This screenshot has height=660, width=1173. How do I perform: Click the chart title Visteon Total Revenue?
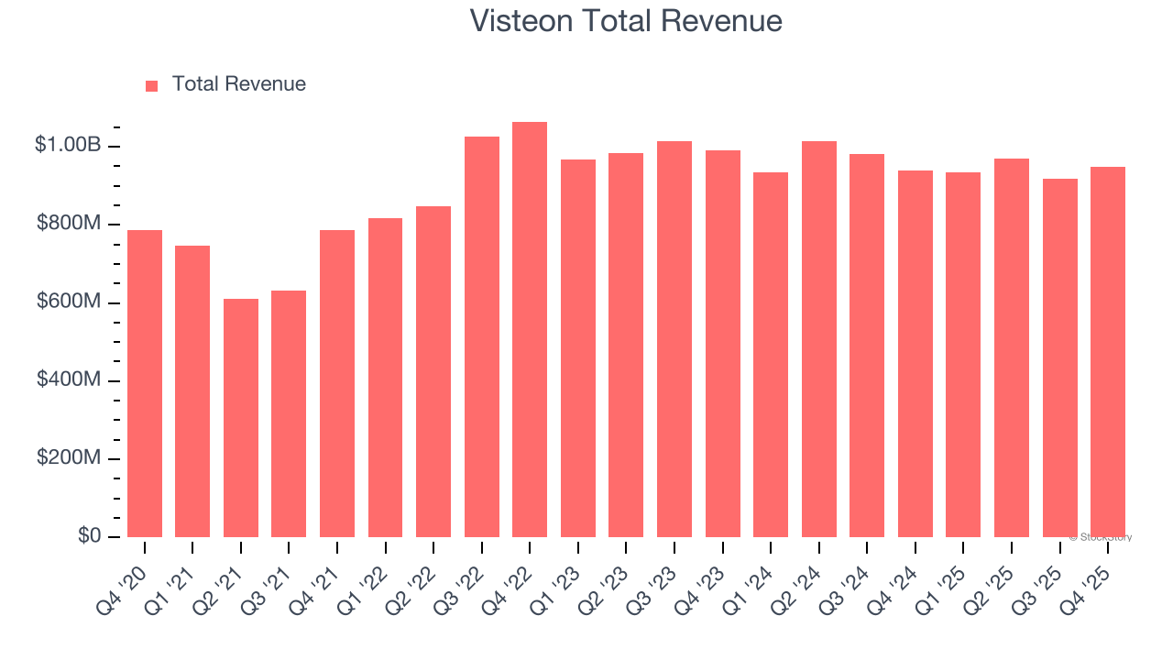pyautogui.click(x=626, y=21)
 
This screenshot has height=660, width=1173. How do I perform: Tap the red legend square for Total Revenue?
pyautogui.click(x=152, y=85)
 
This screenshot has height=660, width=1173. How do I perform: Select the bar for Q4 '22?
pyautogui.click(x=530, y=330)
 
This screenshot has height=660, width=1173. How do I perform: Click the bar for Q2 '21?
pyautogui.click(x=241, y=418)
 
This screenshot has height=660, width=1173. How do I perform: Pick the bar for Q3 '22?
pyautogui.click(x=482, y=337)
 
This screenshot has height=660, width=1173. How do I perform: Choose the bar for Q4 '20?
pyautogui.click(x=145, y=383)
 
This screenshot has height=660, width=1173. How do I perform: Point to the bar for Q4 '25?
pyautogui.click(x=1108, y=352)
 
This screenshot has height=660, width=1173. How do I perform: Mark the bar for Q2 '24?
pyautogui.click(x=818, y=339)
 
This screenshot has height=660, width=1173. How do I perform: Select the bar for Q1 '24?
pyautogui.click(x=771, y=355)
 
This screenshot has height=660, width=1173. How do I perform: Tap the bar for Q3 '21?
pyautogui.click(x=289, y=413)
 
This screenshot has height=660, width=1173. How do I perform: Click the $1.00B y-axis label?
pyautogui.click(x=68, y=145)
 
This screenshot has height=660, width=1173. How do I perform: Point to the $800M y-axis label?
pyautogui.click(x=69, y=224)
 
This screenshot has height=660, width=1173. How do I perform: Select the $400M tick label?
pyautogui.click(x=69, y=379)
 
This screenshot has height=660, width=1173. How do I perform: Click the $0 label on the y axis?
pyautogui.click(x=88, y=535)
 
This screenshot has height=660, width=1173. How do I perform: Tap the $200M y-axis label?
pyautogui.click(x=69, y=457)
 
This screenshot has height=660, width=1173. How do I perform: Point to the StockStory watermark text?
pyautogui.click(x=1101, y=537)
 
